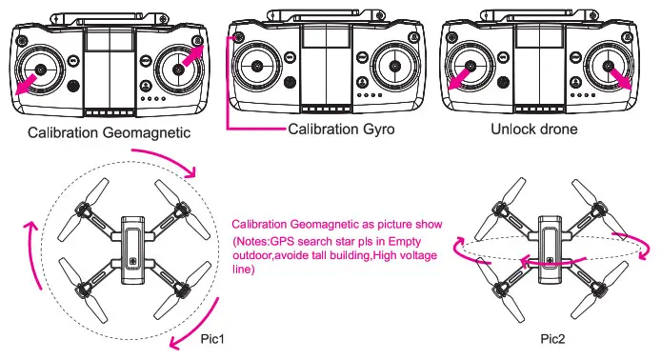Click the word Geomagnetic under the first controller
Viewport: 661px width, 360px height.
pos(147,132)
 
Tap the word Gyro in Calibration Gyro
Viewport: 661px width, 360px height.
pos(375,129)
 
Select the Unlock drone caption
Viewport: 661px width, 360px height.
pos(534,129)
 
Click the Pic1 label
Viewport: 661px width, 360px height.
pos(212,339)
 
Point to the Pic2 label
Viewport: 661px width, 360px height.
pos(552,339)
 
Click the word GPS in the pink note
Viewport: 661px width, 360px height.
pos(281,242)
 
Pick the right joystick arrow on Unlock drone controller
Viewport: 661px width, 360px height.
pos(620,78)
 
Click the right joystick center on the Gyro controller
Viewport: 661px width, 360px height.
pos(394,66)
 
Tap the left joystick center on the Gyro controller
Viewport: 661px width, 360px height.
pos(257,66)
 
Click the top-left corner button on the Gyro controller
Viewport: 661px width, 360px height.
pos(238,37)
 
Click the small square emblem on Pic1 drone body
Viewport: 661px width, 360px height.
pos(134,261)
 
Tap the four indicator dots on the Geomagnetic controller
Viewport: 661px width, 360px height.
pos(153,99)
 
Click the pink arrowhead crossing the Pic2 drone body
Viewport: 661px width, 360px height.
pos(526,262)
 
